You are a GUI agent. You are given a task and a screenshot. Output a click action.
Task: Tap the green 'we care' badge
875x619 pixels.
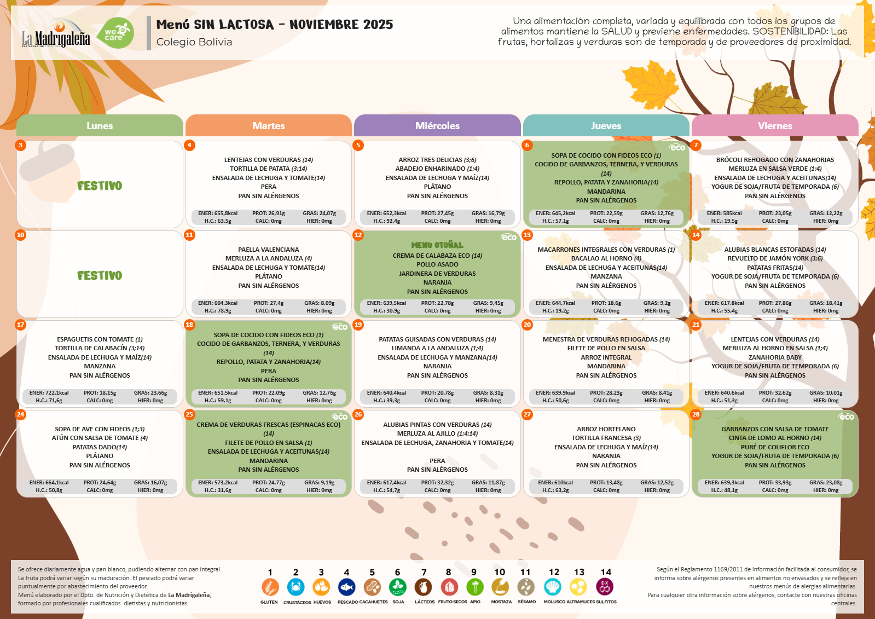(x=118, y=33)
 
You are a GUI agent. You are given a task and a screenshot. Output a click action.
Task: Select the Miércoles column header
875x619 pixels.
(x=437, y=126)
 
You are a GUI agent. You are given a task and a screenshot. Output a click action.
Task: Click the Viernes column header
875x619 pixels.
(x=775, y=126)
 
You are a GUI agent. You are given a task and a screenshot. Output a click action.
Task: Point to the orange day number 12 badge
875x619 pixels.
(x=358, y=235)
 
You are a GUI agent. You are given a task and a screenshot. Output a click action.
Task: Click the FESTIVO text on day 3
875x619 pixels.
(x=100, y=186)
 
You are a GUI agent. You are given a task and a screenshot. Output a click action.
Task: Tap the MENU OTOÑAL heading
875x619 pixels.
(x=437, y=245)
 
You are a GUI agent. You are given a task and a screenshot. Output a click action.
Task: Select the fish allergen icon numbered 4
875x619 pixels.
(x=346, y=587)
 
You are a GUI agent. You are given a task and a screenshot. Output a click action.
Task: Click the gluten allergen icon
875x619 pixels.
(x=270, y=587)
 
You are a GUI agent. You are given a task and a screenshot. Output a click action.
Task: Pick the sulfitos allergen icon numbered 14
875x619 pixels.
(x=605, y=587)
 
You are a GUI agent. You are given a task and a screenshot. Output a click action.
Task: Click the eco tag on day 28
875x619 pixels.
(x=846, y=417)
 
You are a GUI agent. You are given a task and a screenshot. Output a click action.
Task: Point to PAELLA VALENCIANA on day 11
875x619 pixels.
(x=269, y=250)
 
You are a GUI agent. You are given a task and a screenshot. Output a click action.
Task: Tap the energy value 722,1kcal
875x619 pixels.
(x=49, y=393)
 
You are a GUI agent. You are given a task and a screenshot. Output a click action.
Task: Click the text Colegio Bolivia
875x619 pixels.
(x=194, y=42)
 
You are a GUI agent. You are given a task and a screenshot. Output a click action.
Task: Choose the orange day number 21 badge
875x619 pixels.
(x=696, y=325)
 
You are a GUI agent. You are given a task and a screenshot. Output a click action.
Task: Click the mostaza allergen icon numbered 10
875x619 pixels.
(x=500, y=587)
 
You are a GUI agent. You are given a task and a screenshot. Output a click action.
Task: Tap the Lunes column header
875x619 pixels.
(x=100, y=126)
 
